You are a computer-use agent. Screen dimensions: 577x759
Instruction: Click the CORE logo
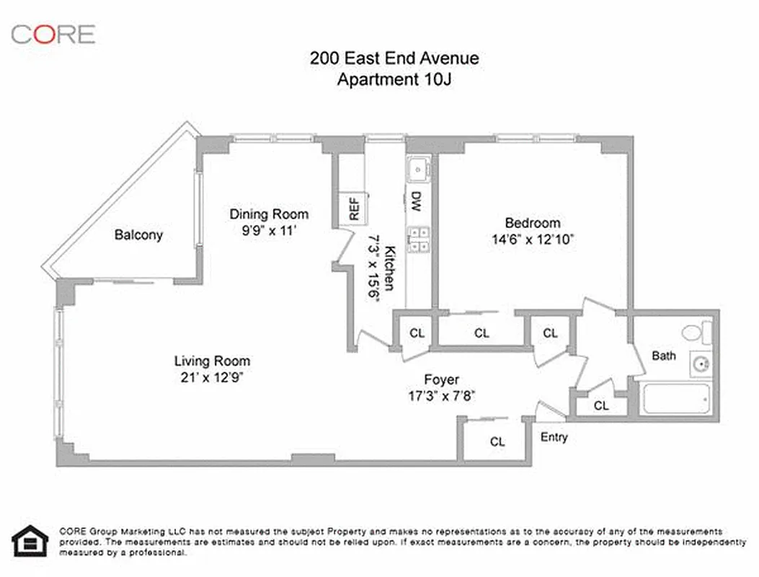53,33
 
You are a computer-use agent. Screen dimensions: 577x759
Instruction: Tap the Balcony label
139,234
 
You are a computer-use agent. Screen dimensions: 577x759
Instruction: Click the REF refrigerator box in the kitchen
354,208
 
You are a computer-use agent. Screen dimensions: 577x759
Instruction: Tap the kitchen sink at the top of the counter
418,170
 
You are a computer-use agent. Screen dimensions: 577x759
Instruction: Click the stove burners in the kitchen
418,239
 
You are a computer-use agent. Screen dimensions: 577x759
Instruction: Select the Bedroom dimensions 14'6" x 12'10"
532,239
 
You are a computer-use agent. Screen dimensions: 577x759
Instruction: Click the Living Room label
212,361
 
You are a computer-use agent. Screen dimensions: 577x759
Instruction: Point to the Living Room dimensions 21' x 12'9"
212,377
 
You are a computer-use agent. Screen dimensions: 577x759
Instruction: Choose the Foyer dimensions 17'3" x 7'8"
441,395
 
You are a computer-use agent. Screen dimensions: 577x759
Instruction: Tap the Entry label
554,437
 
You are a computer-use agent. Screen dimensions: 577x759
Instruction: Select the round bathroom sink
700,364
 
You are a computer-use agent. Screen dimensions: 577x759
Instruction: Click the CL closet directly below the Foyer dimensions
497,441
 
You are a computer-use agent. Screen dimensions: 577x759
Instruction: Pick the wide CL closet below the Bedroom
481,333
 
